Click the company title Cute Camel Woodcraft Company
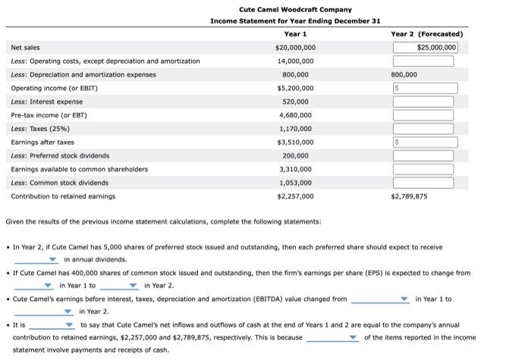coord(295,9)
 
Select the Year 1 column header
coord(295,34)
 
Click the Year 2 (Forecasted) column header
coord(426,34)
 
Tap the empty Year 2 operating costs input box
coord(423,61)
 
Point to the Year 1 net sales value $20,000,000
coord(295,48)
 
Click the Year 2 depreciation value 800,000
coord(404,75)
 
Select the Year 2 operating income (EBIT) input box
coord(423,89)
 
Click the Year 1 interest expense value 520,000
coord(295,102)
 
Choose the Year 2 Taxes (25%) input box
coord(423,129)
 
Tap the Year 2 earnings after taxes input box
coord(423,142)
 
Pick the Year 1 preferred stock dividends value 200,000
coord(295,155)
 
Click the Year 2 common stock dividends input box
coord(423,183)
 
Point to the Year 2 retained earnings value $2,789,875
coord(409,196)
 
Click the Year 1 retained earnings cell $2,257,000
coord(295,196)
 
